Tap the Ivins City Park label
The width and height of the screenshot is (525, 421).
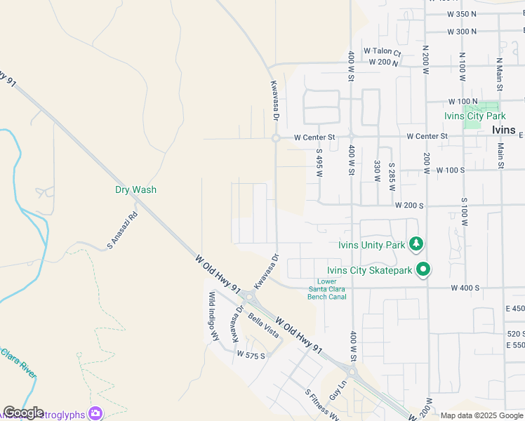(x=474, y=116)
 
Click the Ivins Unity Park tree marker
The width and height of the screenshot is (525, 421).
(x=417, y=244)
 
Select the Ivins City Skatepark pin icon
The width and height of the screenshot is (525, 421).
(x=423, y=269)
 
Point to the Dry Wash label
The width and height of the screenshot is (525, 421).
(x=136, y=189)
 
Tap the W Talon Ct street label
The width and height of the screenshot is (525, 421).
(x=382, y=52)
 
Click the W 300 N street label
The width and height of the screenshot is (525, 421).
(x=461, y=32)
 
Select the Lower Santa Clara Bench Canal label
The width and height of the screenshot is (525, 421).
(x=327, y=289)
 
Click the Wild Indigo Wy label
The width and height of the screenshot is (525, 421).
(x=213, y=316)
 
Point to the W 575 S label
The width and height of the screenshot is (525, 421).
(x=251, y=355)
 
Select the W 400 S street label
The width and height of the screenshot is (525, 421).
(x=465, y=288)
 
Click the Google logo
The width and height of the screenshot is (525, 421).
(x=23, y=413)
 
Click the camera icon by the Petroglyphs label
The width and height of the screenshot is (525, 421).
(x=95, y=414)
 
